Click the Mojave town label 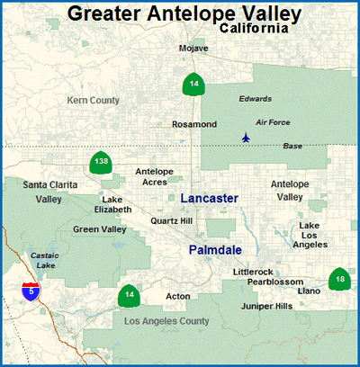point(193,48)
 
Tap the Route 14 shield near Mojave point(193,84)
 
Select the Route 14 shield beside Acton point(130,295)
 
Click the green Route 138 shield point(101,162)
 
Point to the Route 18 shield point(339,279)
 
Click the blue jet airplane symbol point(245,138)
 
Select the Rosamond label point(193,124)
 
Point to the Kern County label point(94,100)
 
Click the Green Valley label point(100,229)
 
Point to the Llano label point(309,291)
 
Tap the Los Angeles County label point(166,321)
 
